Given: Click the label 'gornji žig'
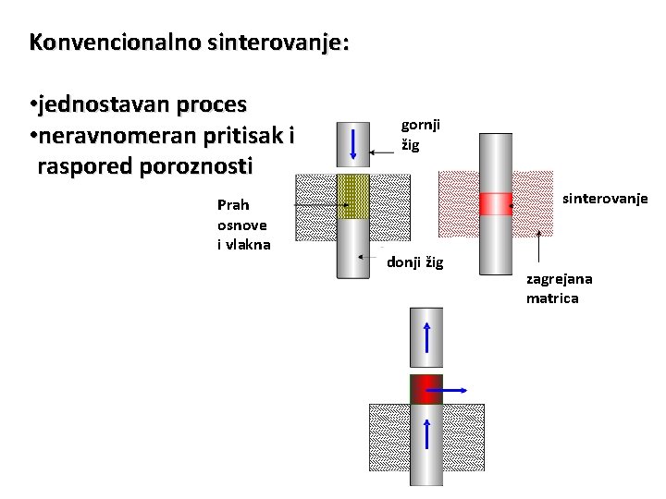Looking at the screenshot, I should pyautogui.click(x=420, y=134).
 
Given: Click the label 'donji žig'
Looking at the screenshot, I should pyautogui.click(x=415, y=262).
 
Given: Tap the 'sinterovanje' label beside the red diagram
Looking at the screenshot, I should pyautogui.click(x=606, y=199).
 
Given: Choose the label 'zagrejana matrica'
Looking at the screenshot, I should pyautogui.click(x=560, y=288).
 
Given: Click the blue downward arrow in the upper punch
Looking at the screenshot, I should pyautogui.click(x=353, y=145).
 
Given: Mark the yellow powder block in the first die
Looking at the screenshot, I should pyautogui.click(x=352, y=196).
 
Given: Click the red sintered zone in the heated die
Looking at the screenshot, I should pyautogui.click(x=495, y=203).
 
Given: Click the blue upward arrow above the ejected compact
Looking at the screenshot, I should pyautogui.click(x=427, y=337).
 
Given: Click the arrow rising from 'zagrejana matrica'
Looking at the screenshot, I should pyautogui.click(x=538, y=248).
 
